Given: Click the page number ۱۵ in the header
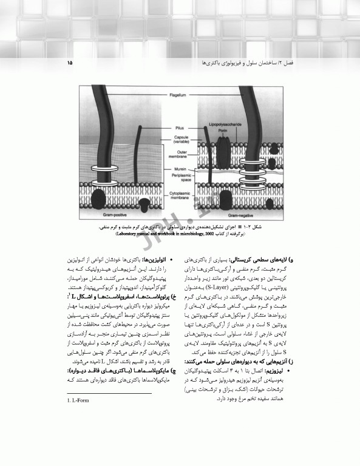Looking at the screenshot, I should (70, 62).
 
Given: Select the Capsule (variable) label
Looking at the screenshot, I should (177, 139).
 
